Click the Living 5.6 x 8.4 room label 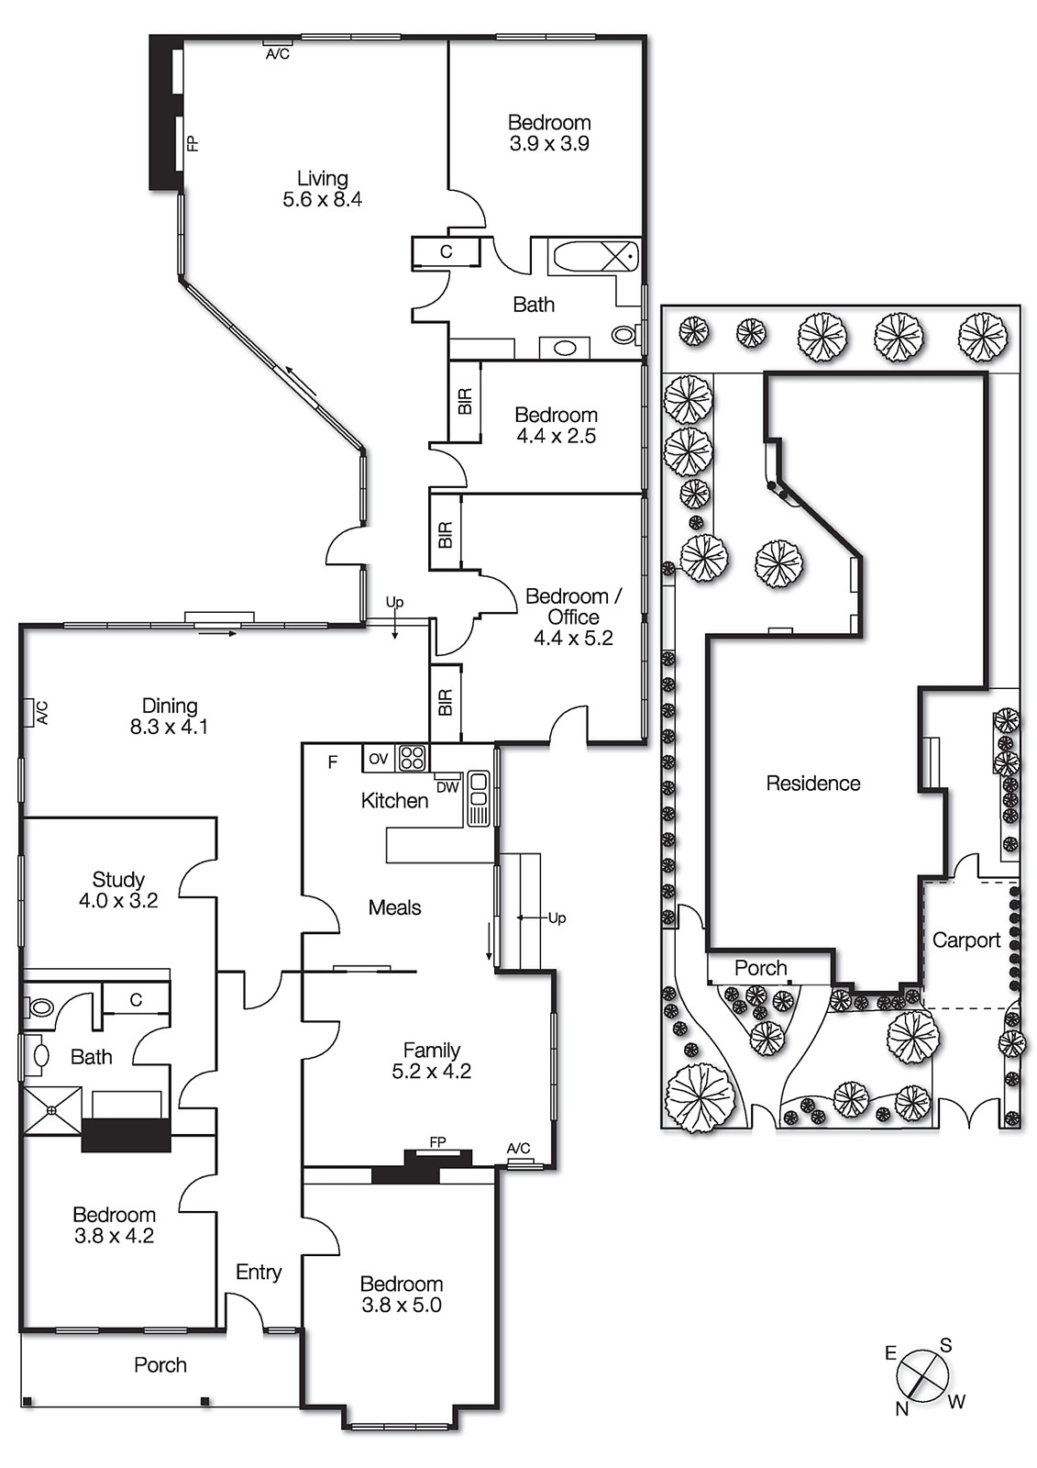coord(322,189)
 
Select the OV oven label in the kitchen coord(379,758)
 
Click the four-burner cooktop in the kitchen coord(412,758)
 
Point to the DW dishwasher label coord(447,787)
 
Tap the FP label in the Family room coord(437,1142)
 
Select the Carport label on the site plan coord(965,940)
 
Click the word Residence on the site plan coord(813,783)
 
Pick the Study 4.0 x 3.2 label coord(118,890)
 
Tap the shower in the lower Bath coord(51,1111)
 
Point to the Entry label coord(259,1272)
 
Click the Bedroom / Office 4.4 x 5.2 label coord(573,617)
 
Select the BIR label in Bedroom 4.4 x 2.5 coord(465,401)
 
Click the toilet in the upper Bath coord(626,335)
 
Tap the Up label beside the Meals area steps coord(557,917)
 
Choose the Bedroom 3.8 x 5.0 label coord(401,1294)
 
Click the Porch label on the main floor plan coord(160,1364)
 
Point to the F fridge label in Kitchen coord(333,762)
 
